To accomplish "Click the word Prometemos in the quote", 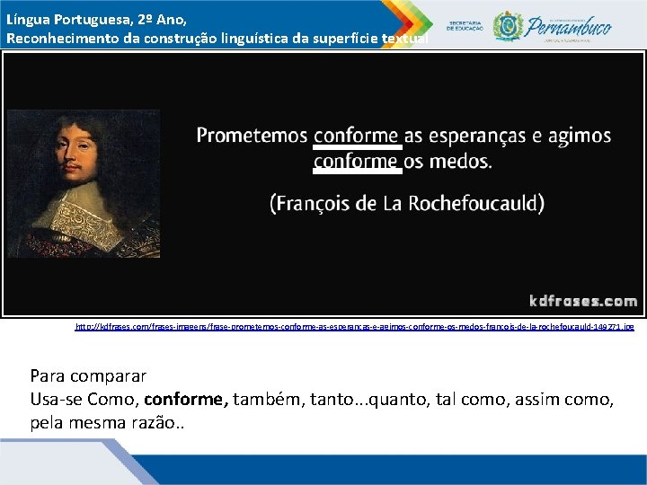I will coord(252,137).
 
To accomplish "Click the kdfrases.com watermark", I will coord(582,301).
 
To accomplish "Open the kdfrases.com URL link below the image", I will coord(354,327).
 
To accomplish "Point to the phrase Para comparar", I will coord(88,375).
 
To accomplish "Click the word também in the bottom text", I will coord(262,398).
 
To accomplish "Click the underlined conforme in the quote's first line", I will coord(356,137).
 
